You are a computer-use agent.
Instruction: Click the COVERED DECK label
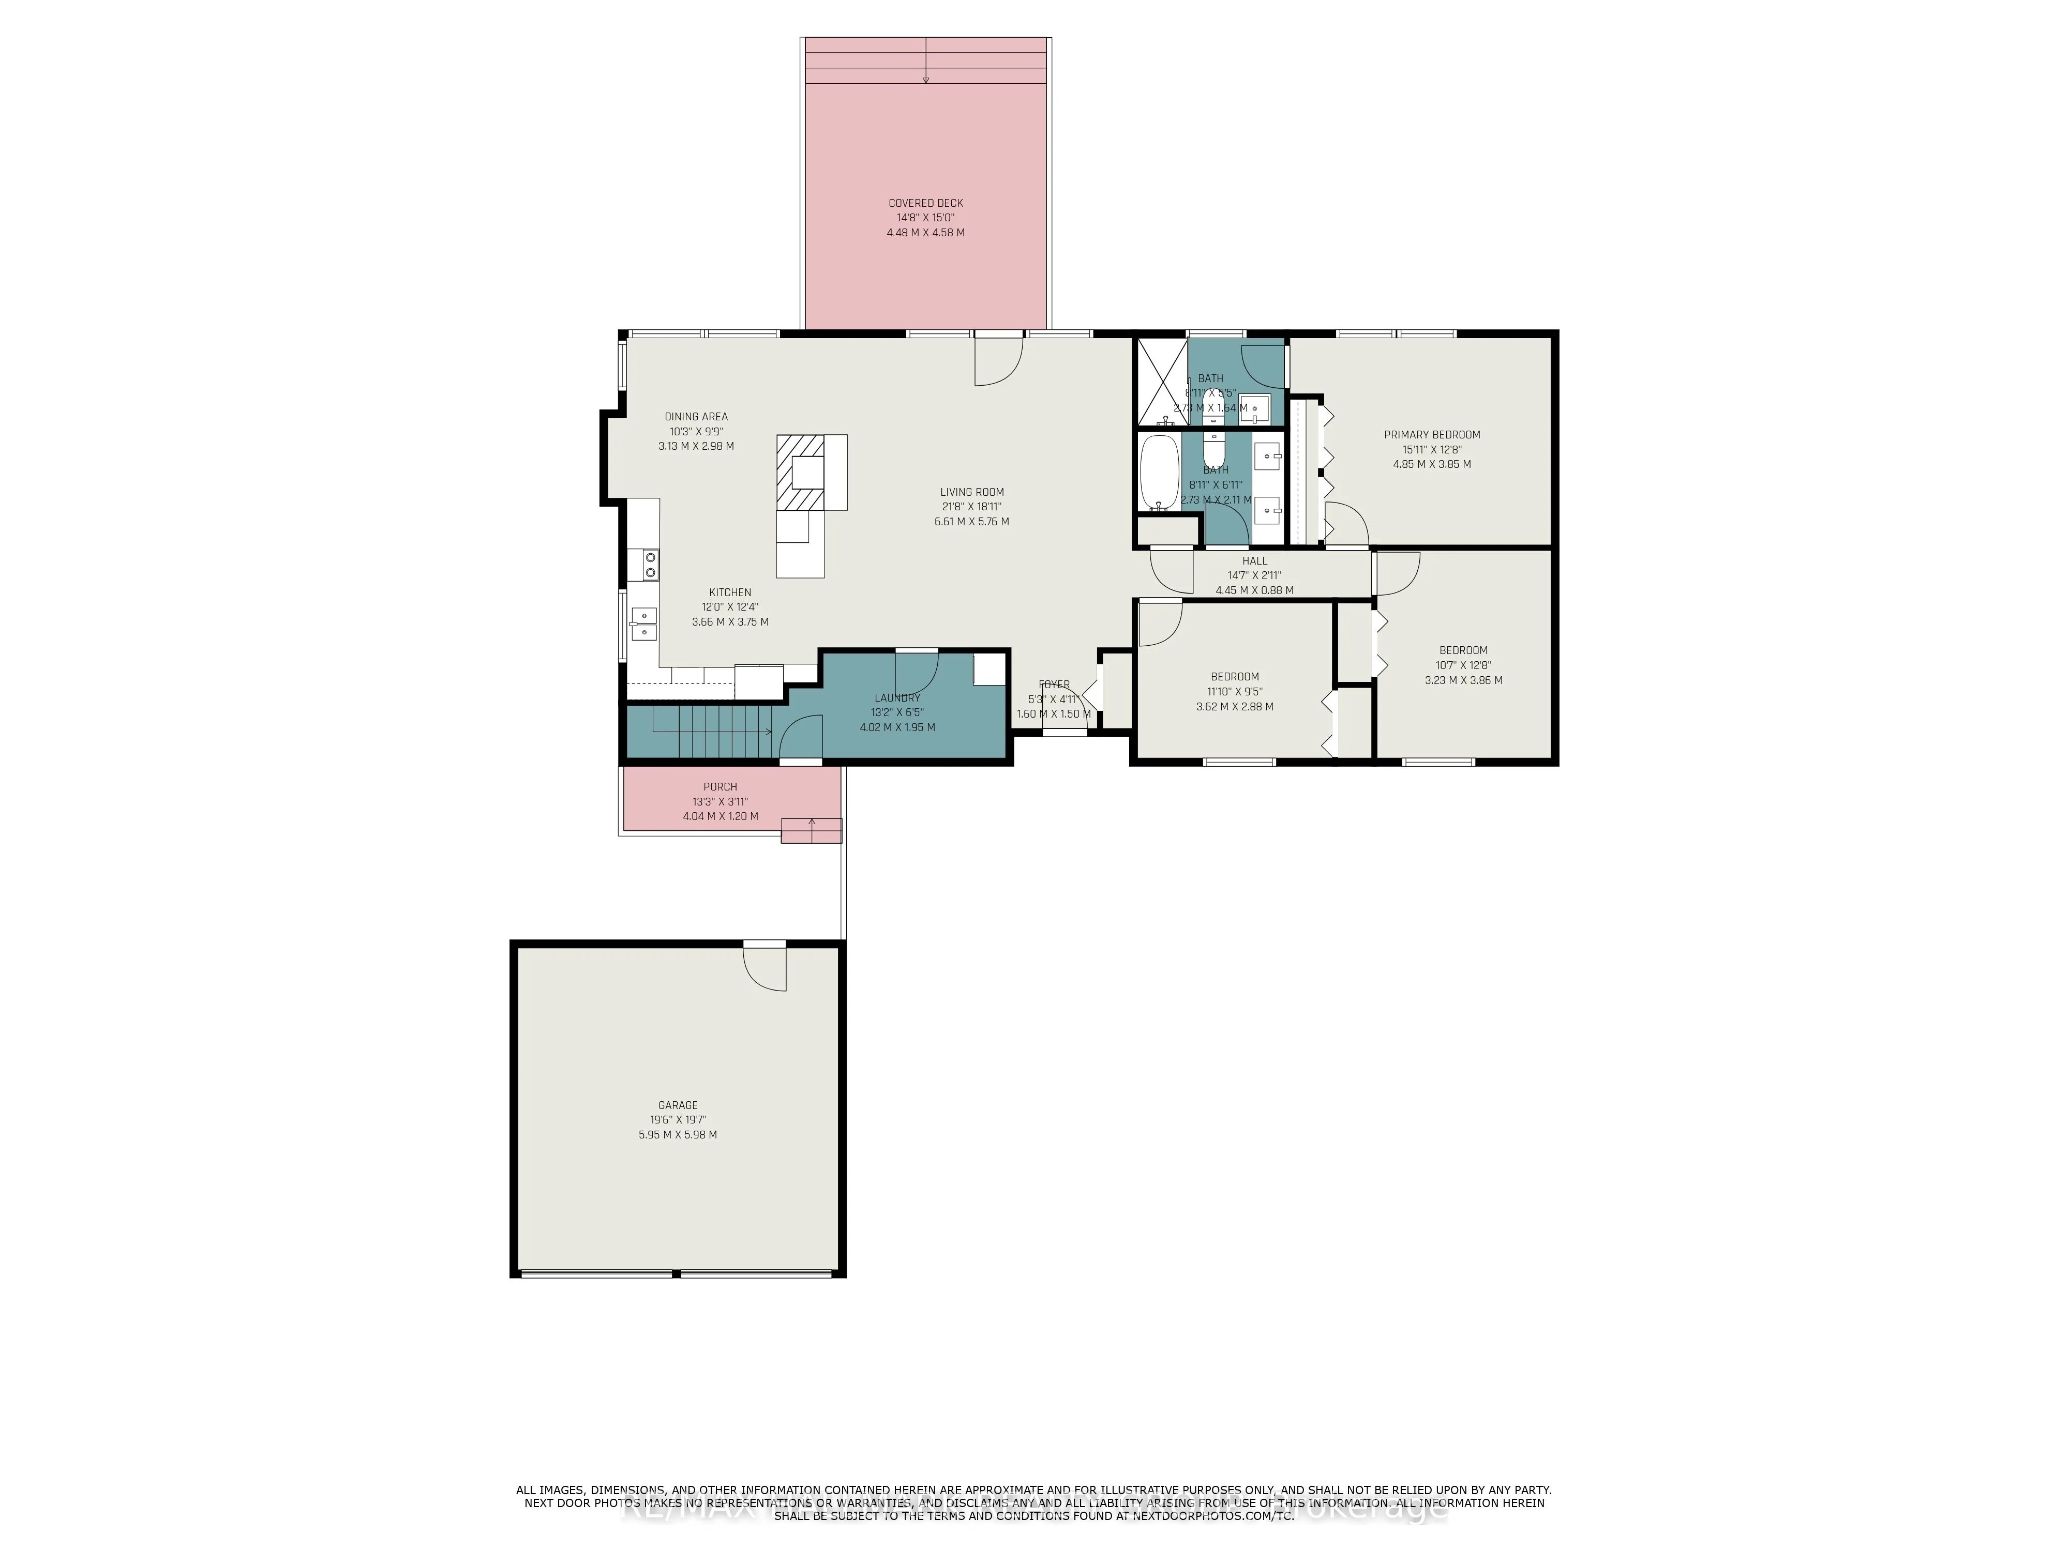point(925,203)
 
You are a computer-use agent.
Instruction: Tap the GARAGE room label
point(677,1105)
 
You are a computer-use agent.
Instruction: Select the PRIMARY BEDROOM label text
point(1431,435)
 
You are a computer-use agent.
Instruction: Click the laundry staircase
point(711,733)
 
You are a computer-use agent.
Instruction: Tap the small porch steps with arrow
point(811,830)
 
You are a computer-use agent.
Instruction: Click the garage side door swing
point(767,968)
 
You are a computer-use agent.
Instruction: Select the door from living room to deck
point(998,360)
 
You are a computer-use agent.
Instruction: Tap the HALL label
point(1254,561)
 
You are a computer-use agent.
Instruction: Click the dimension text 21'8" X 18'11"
point(972,507)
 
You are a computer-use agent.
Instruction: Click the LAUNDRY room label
point(897,697)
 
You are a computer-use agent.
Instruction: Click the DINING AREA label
point(696,417)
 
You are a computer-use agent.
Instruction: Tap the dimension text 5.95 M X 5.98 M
point(677,1134)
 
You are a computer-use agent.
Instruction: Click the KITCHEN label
point(729,592)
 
